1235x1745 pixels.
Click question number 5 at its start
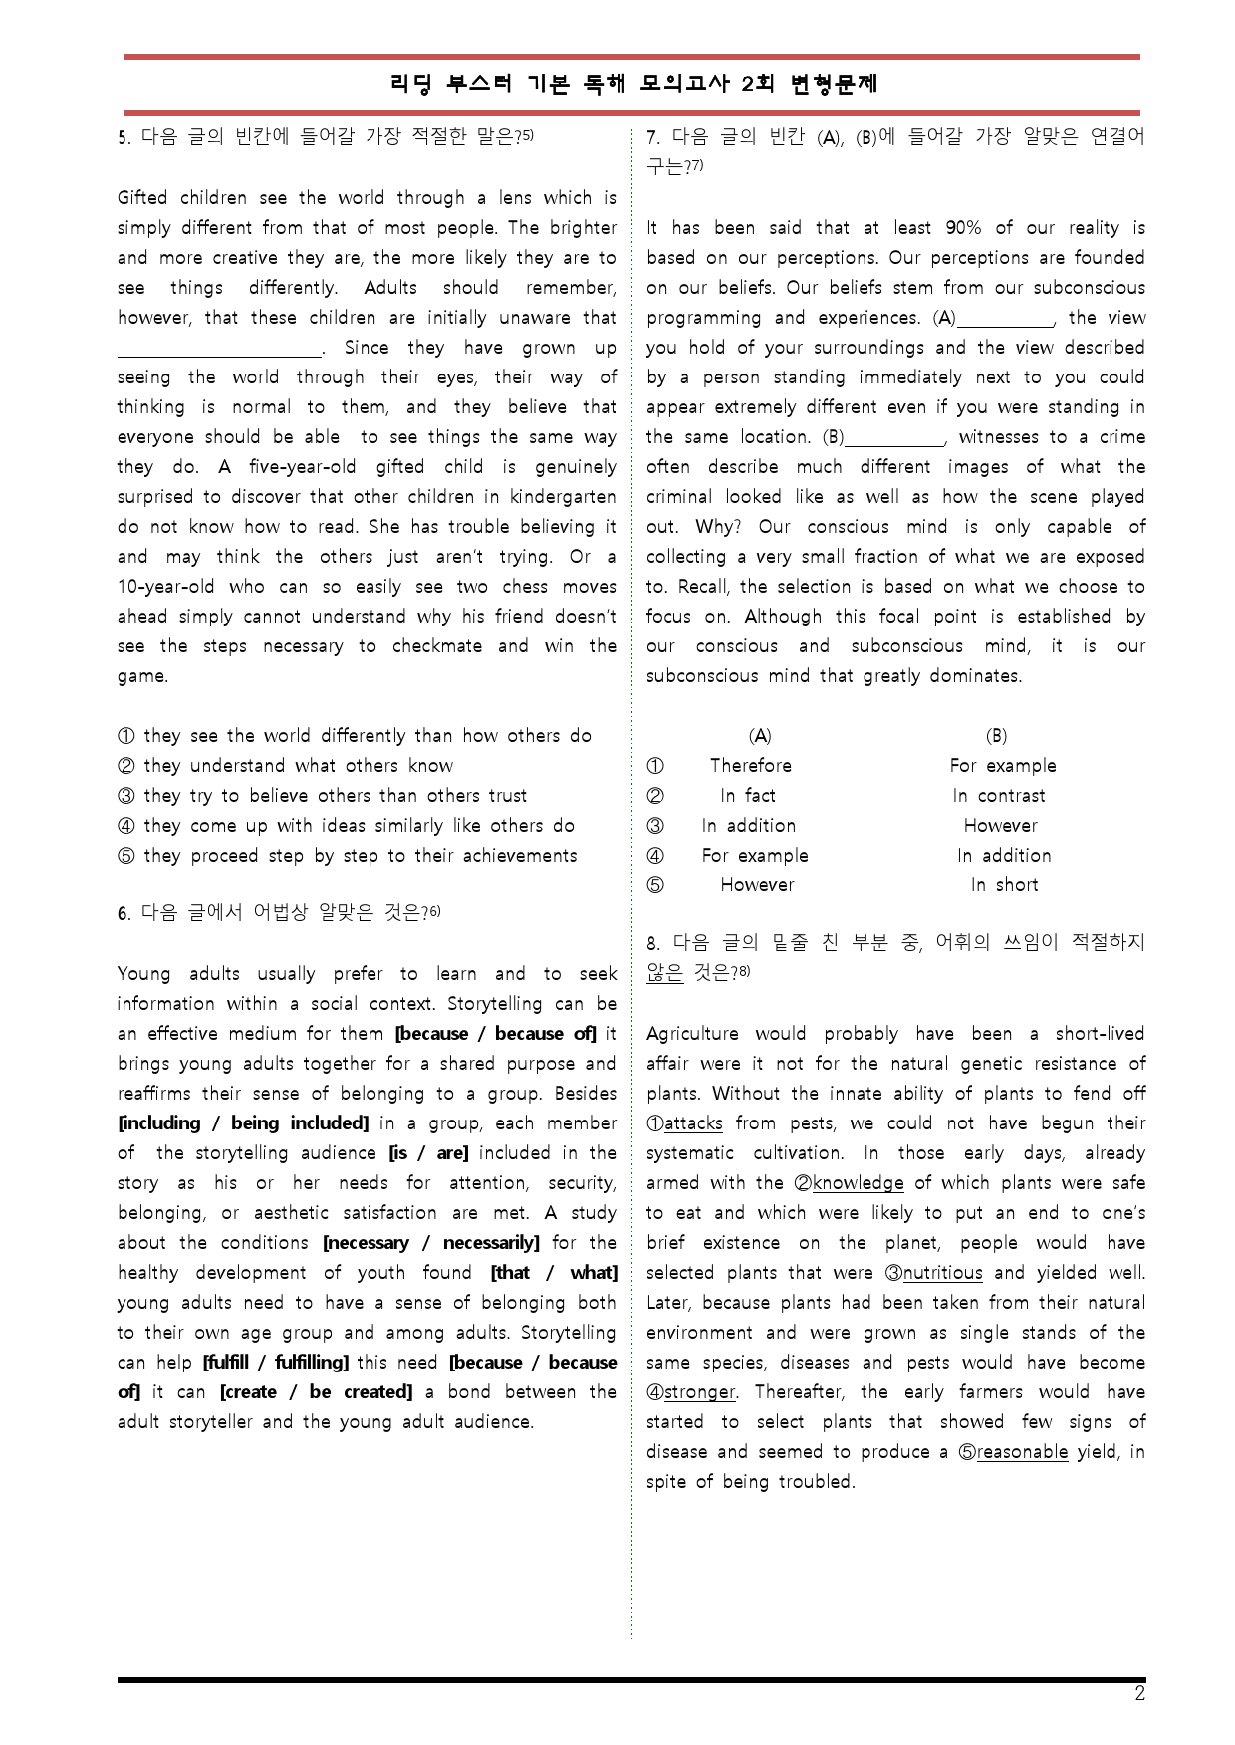point(123,138)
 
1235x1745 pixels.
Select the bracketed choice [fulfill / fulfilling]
point(276,1363)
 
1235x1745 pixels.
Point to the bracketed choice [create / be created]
point(316,1392)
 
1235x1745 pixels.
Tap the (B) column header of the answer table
point(996,736)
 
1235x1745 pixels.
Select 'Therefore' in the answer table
point(751,766)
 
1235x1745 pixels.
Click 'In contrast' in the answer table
point(999,796)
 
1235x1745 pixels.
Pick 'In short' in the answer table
point(1004,885)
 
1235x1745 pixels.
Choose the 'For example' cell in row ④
point(755,856)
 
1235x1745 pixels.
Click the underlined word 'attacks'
point(693,1123)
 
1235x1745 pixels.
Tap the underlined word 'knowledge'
point(858,1183)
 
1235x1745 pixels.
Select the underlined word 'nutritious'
point(942,1273)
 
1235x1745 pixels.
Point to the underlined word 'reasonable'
point(1022,1452)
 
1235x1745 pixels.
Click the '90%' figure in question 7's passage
point(963,228)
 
